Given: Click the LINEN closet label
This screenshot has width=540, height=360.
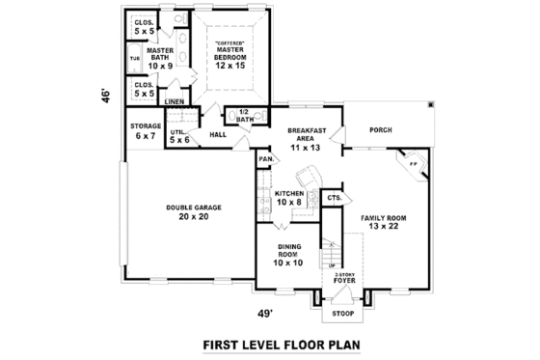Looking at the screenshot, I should click(x=175, y=100).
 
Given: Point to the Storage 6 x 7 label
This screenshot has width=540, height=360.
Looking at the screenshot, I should click(x=146, y=129).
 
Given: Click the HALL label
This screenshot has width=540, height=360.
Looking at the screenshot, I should click(x=218, y=135).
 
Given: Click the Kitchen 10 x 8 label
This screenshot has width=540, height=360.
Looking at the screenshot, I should click(x=289, y=198).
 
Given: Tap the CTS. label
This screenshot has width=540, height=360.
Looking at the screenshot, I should click(x=335, y=197).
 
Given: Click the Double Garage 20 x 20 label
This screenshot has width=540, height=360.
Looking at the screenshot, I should click(x=187, y=211).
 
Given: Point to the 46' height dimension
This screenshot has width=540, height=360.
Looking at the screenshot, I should click(x=111, y=96).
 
